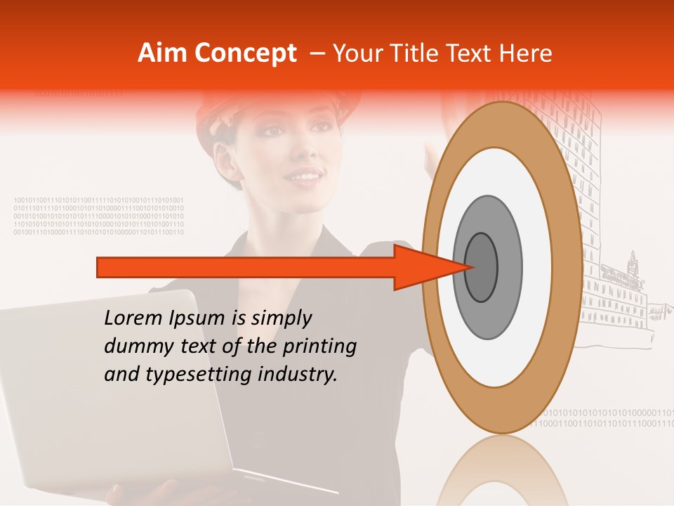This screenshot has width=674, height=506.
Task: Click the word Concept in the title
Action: [x=245, y=53]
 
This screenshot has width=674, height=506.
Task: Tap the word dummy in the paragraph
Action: [x=134, y=346]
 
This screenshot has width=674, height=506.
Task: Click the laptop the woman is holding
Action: [x=105, y=394]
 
